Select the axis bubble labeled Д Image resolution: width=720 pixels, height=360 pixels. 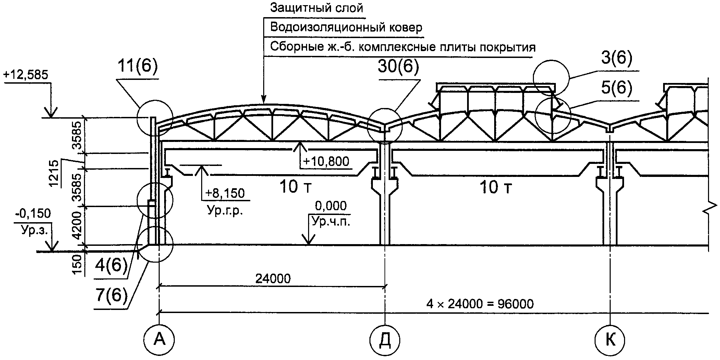[385, 339]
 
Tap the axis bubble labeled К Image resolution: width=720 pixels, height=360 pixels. [610, 339]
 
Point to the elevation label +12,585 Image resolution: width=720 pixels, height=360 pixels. [26, 75]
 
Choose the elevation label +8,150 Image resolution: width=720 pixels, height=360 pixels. [225, 193]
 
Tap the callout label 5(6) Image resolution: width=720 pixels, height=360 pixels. [616, 88]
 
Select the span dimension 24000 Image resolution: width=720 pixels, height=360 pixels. [273, 278]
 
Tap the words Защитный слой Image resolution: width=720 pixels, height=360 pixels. [316, 8]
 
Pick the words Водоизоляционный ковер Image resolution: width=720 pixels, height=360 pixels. [346, 27]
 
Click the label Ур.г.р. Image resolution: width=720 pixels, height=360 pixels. [224, 211]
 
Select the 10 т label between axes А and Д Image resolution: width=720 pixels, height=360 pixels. [296, 187]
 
